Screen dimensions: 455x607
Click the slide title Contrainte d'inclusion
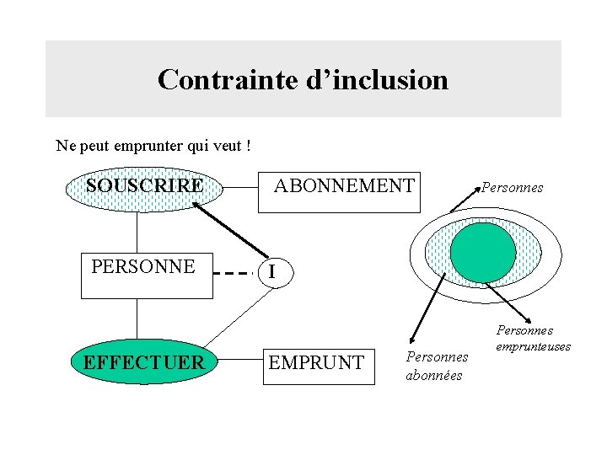[x=303, y=80]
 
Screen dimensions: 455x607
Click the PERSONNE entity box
[x=145, y=274]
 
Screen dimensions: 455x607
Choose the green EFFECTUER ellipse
[x=142, y=362]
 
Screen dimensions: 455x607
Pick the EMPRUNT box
[x=318, y=362]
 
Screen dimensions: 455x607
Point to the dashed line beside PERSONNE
[x=232, y=273]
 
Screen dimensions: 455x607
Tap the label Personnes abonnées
[x=436, y=367]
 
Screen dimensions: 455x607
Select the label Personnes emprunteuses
[x=533, y=339]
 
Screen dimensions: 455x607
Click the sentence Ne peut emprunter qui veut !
[x=153, y=146]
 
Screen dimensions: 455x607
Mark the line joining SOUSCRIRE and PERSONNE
[x=137, y=232]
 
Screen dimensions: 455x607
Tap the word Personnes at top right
[x=513, y=188]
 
